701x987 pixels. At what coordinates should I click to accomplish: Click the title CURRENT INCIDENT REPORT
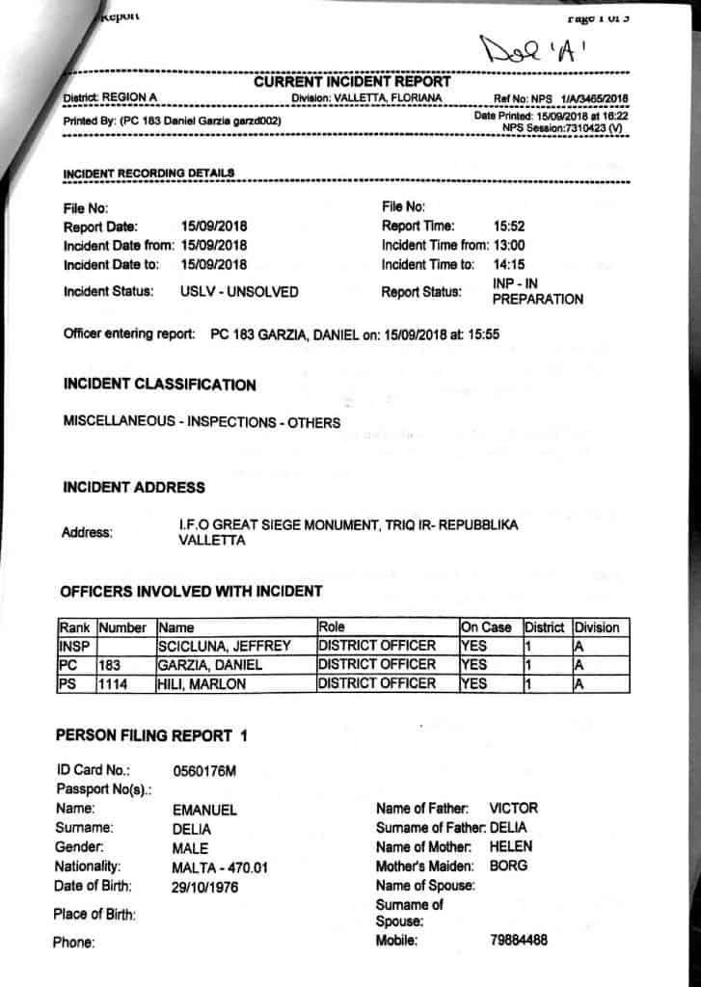point(352,82)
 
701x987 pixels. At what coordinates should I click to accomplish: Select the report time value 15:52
point(508,226)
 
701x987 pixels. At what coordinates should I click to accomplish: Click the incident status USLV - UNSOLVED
point(239,291)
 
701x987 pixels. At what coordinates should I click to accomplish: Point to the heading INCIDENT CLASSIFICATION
point(159,385)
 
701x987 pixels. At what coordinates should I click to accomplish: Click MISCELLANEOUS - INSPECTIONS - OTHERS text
point(202,422)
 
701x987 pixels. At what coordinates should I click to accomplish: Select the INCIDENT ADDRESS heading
point(133,487)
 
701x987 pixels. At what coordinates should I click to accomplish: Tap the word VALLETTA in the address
point(212,541)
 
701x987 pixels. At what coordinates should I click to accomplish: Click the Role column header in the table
point(332,627)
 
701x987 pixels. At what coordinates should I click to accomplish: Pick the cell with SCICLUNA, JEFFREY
point(224,646)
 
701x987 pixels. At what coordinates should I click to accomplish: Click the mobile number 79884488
point(519,941)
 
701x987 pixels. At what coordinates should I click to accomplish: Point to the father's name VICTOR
point(513,808)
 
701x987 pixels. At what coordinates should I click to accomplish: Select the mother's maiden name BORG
point(508,866)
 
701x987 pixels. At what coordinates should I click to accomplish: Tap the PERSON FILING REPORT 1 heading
point(151,735)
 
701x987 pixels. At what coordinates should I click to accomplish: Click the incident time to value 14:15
point(509,264)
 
